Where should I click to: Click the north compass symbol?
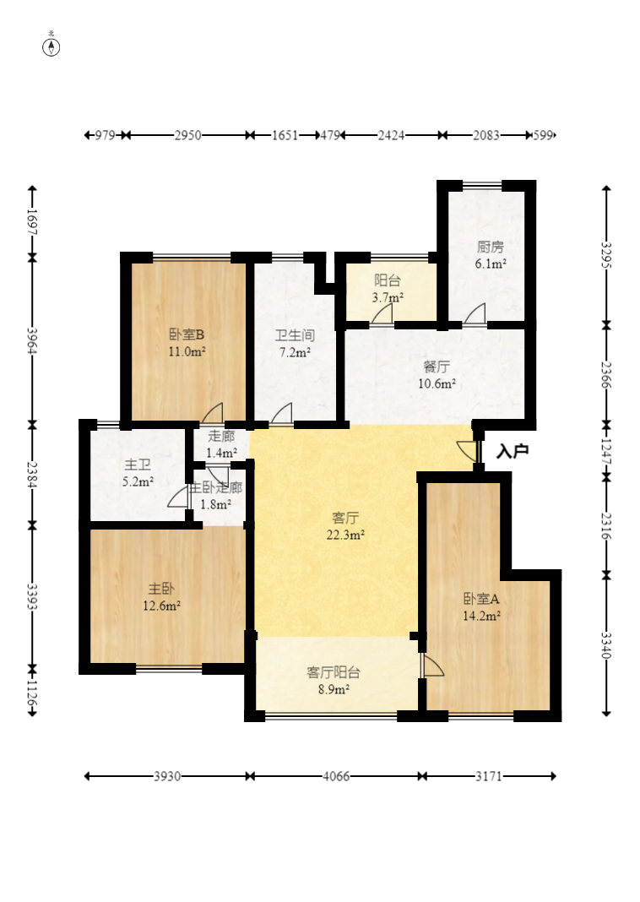[x=52, y=47]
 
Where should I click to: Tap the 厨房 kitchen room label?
[x=491, y=247]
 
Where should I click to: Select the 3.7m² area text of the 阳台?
[x=388, y=297]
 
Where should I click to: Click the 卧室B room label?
[x=187, y=334]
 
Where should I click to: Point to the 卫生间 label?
[x=295, y=335]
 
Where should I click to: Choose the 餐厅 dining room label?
[x=437, y=367]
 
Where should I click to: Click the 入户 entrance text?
[x=513, y=451]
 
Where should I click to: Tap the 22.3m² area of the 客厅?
[x=345, y=535]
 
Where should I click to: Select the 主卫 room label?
[x=138, y=465]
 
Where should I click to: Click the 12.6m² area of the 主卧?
[x=161, y=606]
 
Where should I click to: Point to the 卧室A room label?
[x=481, y=599]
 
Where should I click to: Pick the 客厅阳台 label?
[x=334, y=672]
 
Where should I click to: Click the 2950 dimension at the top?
[x=188, y=135]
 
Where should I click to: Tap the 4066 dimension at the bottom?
[x=336, y=777]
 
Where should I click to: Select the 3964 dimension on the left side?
[x=32, y=341]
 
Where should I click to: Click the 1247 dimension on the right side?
[x=606, y=451]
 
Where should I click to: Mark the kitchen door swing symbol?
[x=475, y=315]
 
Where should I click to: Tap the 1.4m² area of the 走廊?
[x=221, y=454]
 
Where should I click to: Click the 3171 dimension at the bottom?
[x=489, y=777]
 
